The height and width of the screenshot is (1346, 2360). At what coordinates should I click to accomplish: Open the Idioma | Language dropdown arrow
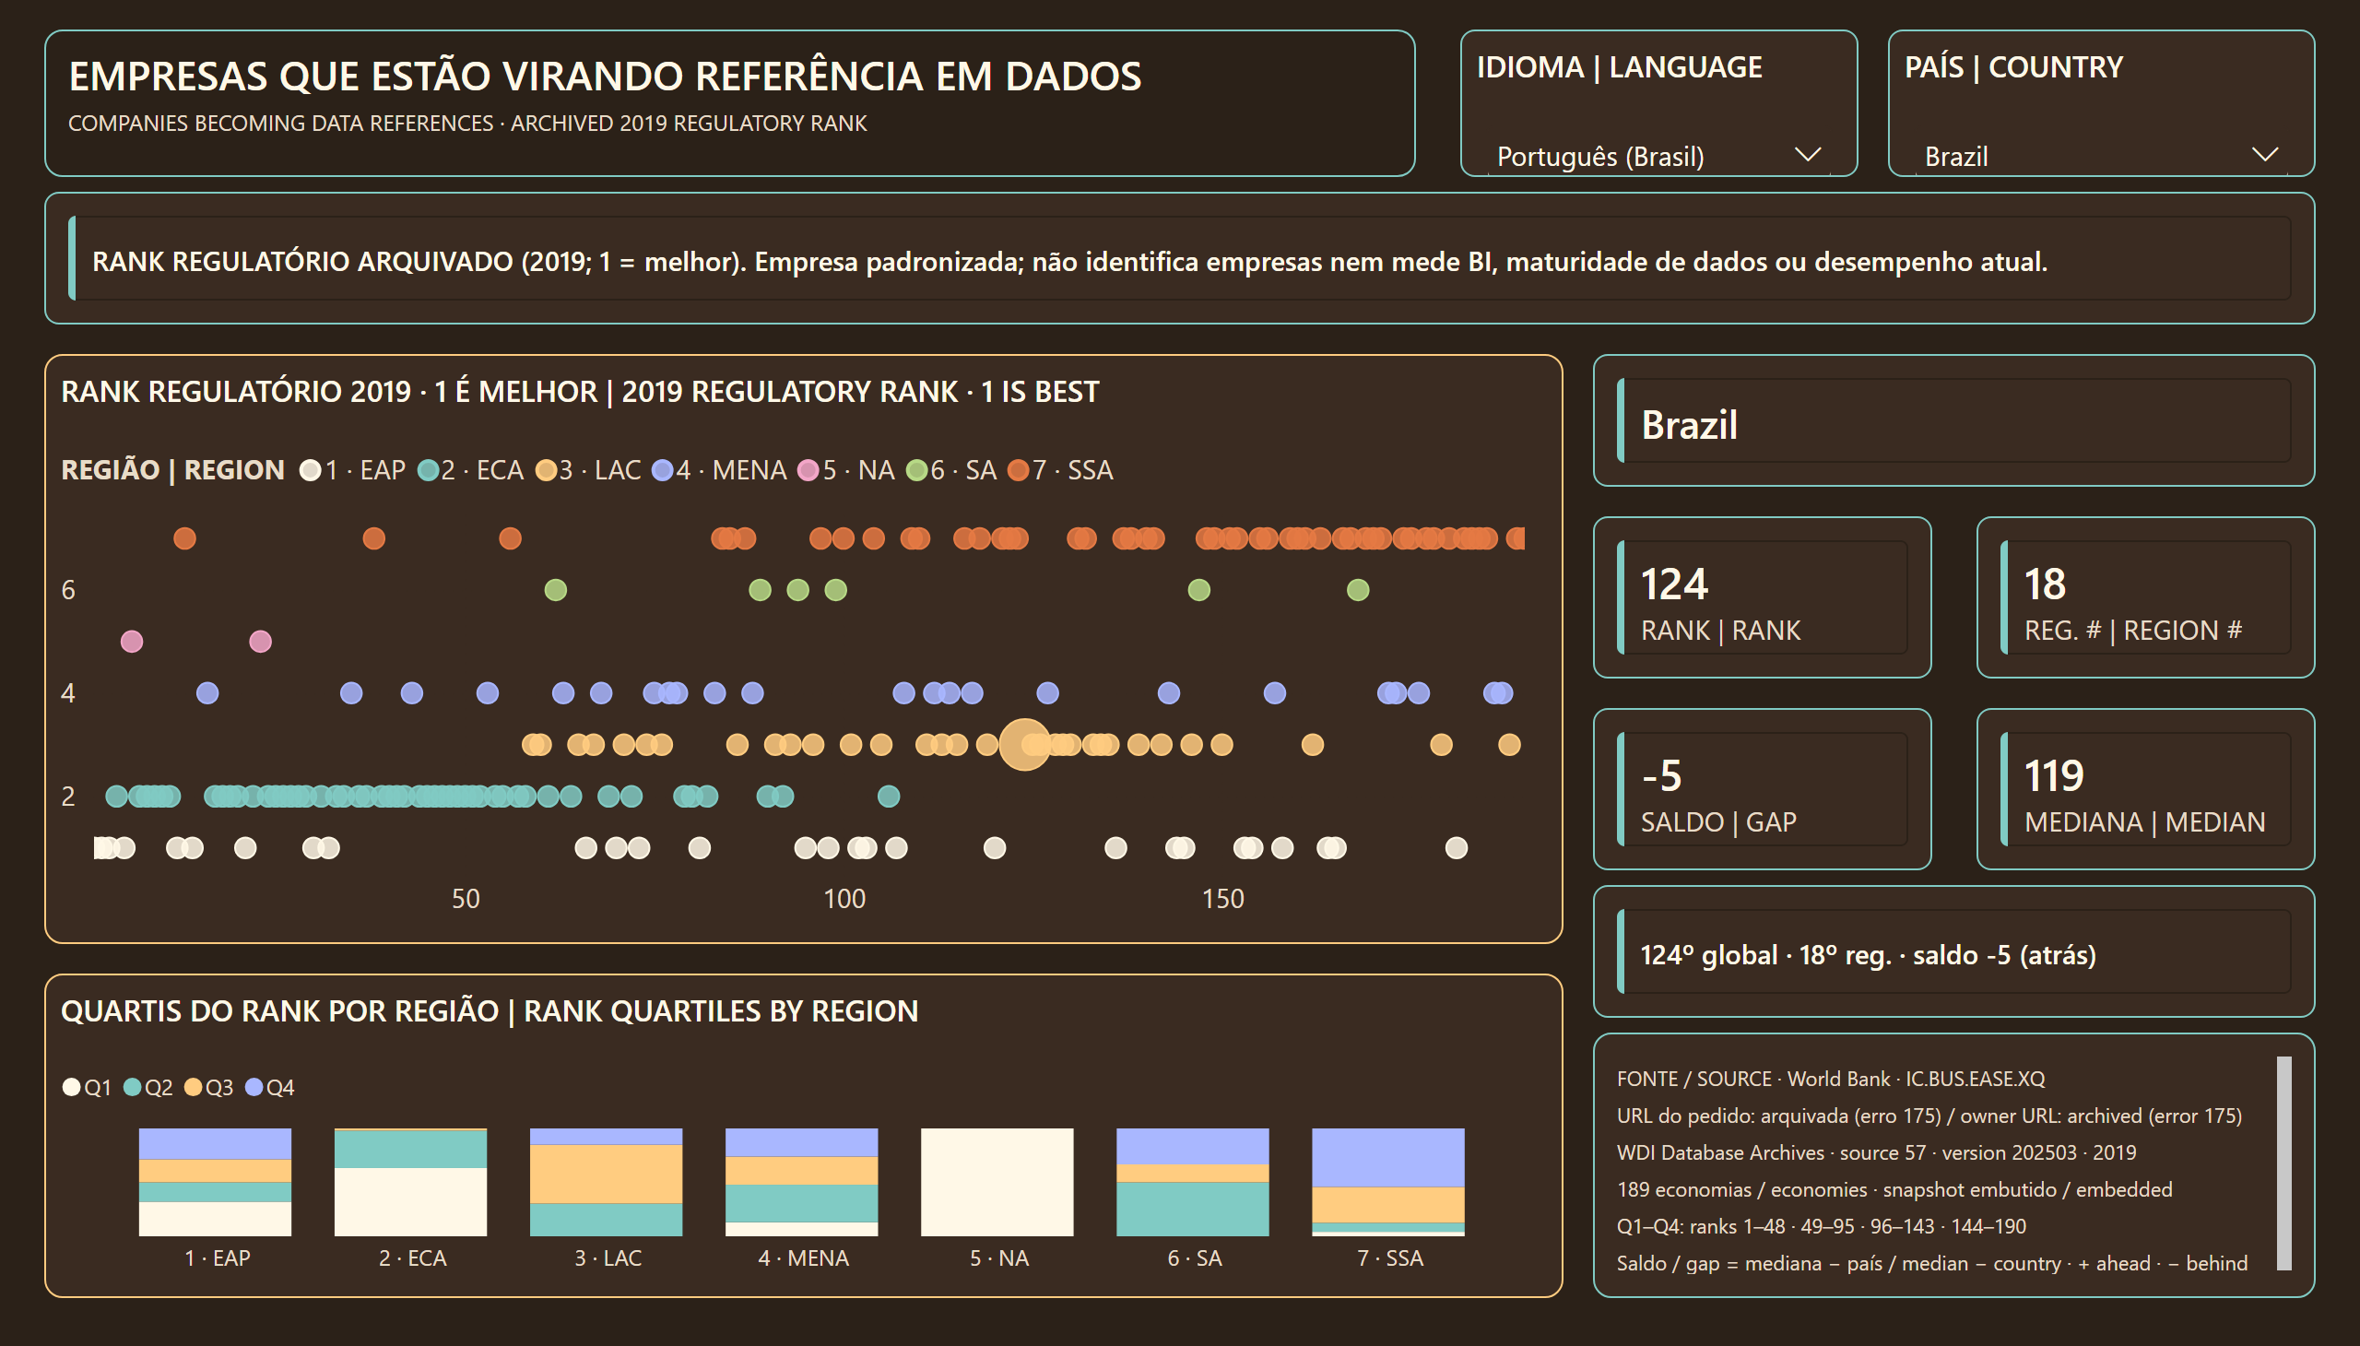click(x=1807, y=154)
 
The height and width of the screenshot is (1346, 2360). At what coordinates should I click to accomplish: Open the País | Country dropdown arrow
click(x=2265, y=154)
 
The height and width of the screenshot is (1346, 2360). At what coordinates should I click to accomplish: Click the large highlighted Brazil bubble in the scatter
click(x=1024, y=744)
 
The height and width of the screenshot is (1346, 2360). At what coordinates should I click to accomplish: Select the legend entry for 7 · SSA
click(x=1060, y=470)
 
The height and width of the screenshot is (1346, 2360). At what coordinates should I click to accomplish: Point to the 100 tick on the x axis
click(x=844, y=899)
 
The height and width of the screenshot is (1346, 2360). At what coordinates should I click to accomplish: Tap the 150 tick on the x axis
click(x=1222, y=899)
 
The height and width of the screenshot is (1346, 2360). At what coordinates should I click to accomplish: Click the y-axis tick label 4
click(x=67, y=693)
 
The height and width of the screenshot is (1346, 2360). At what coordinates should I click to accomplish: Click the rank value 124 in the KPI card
click(x=1674, y=584)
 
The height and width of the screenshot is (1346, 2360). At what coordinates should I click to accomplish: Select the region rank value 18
click(x=2045, y=584)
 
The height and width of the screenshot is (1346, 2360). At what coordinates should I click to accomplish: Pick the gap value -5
click(x=1661, y=775)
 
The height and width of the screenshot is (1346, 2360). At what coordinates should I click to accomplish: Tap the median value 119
click(x=2054, y=775)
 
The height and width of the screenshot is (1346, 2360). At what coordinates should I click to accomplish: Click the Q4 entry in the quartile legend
click(x=270, y=1087)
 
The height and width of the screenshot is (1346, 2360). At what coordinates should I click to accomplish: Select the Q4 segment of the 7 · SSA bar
click(x=1387, y=1157)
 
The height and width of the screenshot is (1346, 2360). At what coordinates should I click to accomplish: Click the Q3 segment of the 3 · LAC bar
click(x=606, y=1174)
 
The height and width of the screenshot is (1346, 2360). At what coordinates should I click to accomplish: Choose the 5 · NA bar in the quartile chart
click(x=997, y=1182)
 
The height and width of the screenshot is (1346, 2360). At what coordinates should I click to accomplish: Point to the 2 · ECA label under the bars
click(x=412, y=1258)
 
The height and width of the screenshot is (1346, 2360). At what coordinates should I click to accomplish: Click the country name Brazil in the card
click(x=1689, y=425)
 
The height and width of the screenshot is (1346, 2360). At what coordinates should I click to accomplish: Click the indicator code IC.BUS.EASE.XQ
click(x=1975, y=1079)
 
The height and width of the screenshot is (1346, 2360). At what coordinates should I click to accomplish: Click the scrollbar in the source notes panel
click(x=2283, y=1163)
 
